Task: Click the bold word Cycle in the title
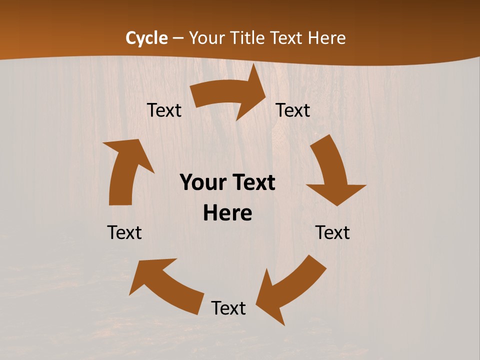146,38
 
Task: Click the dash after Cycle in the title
178,38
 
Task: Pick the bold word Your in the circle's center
202,182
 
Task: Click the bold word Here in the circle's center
227,213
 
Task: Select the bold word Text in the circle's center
252,182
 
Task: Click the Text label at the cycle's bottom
228,308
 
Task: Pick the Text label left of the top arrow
164,110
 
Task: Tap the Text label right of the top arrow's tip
293,110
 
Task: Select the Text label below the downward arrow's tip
332,232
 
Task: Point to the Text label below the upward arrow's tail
124,232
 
